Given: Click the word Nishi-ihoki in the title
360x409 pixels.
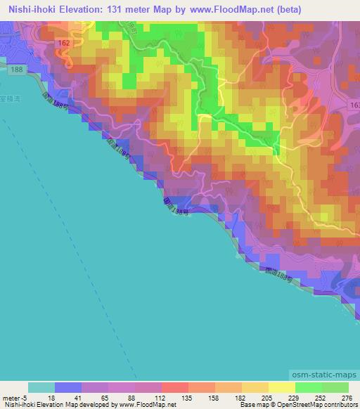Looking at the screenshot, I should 33,8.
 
